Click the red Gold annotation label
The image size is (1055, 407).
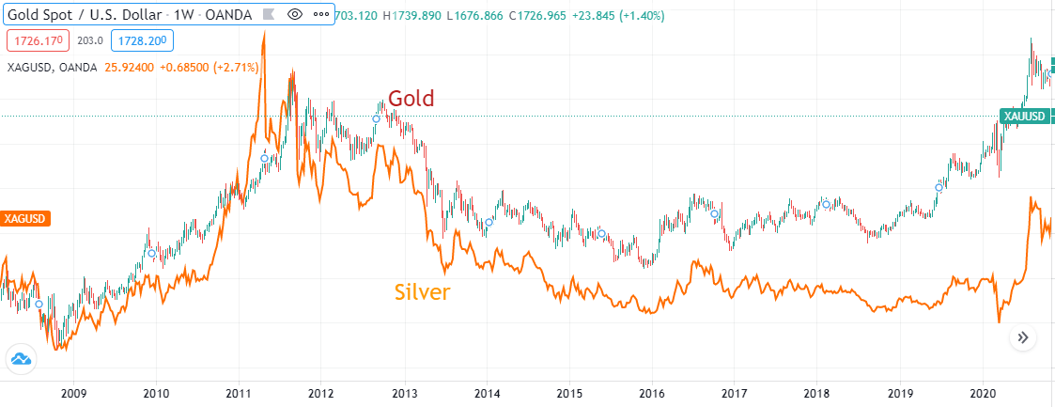[411, 99]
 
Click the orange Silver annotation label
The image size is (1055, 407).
[422, 292]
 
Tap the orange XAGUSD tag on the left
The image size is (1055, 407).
[24, 218]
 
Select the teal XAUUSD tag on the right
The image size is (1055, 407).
[1023, 117]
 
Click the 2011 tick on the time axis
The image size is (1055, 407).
[238, 393]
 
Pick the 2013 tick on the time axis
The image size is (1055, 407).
[404, 393]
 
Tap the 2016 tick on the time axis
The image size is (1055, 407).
[652, 393]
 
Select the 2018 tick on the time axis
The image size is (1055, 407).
[817, 393]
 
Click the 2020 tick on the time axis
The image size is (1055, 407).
[983, 393]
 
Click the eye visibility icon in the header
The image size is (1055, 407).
[295, 14]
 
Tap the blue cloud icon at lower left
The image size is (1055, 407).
[21, 358]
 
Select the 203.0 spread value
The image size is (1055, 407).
[90, 41]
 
